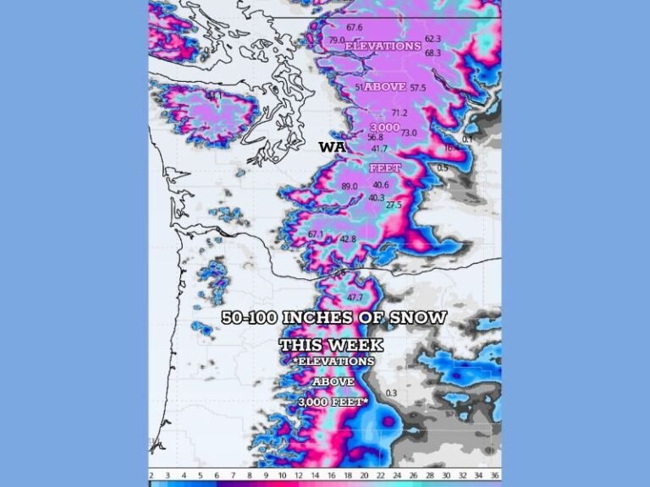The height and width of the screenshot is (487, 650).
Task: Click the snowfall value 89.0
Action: coord(349,186)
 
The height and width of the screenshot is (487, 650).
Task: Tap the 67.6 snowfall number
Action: coord(354,28)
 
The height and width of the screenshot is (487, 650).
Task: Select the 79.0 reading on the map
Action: coord(336,41)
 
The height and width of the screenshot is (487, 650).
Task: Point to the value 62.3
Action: coord(433,39)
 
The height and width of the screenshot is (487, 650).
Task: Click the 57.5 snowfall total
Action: coord(418,88)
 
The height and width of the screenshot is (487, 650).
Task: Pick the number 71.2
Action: coord(399,112)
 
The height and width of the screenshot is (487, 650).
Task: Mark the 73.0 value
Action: coord(408,133)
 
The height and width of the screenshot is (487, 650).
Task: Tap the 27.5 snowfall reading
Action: coord(394,205)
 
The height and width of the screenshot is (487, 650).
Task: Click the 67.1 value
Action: coord(316,234)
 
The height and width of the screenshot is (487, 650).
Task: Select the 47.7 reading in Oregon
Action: coord(355,298)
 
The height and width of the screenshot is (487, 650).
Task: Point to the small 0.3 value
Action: coord(391,393)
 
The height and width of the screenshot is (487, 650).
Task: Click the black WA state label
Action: coord(330,147)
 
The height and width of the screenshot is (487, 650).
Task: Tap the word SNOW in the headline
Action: coord(418,318)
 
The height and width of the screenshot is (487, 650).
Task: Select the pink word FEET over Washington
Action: coord(385,168)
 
